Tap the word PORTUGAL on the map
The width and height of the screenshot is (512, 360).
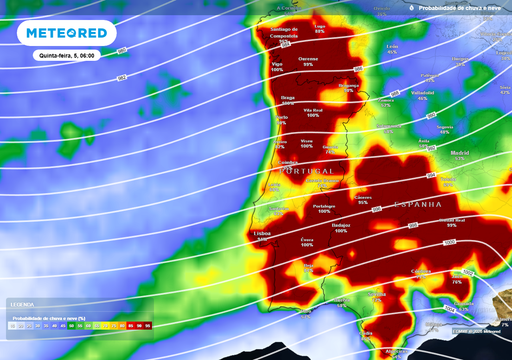click(306, 171)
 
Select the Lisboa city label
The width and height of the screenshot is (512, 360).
click(262, 233)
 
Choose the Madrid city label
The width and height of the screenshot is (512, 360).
click(460, 153)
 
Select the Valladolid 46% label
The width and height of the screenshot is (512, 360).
click(423, 96)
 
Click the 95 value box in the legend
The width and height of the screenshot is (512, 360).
click(148, 326)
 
